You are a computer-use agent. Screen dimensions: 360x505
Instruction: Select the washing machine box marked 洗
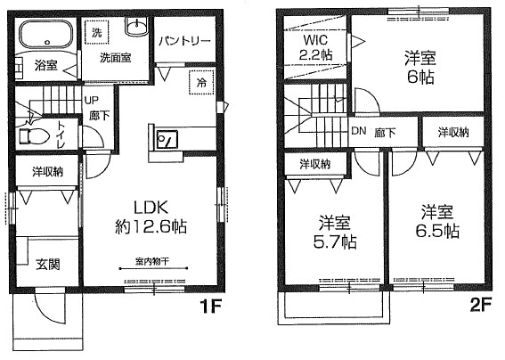pyautogui.click(x=96, y=34)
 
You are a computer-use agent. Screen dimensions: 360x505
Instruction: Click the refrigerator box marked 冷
pyautogui.click(x=201, y=82)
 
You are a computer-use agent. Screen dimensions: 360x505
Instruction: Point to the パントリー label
pyautogui.click(x=185, y=41)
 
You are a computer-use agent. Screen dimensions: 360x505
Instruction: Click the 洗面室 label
pyautogui.click(x=116, y=57)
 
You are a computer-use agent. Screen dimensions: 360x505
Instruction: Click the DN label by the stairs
pyautogui.click(x=358, y=132)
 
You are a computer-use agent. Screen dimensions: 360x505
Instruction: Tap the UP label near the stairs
pyautogui.click(x=91, y=100)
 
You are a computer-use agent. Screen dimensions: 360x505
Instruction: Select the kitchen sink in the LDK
pyautogui.click(x=167, y=139)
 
